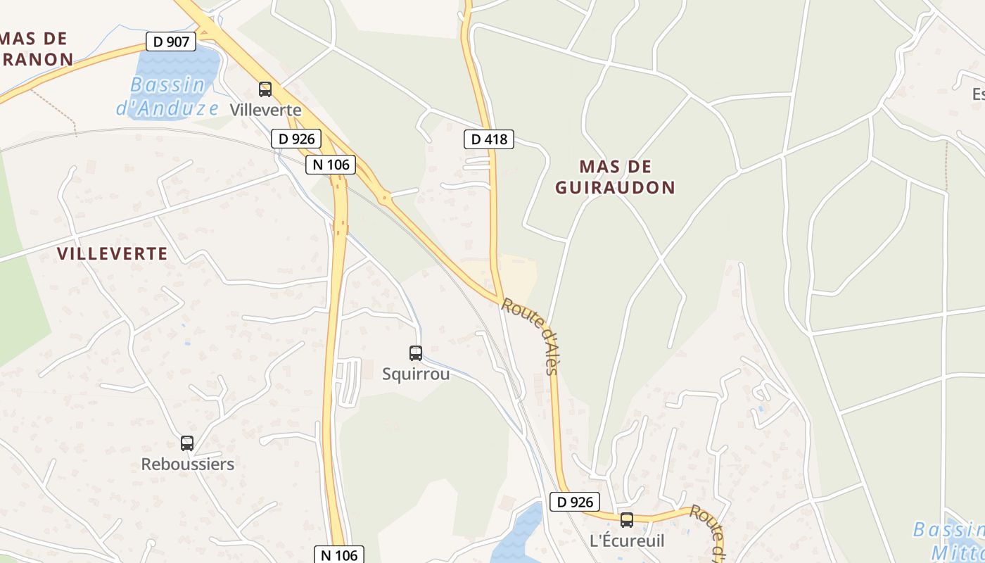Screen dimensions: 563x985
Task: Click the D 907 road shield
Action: (x=171, y=42)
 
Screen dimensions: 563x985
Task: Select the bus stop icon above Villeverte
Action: (x=265, y=89)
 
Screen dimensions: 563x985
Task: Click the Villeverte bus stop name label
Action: (x=266, y=110)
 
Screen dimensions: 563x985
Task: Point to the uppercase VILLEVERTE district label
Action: (x=113, y=253)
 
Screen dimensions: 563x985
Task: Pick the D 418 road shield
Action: (x=489, y=139)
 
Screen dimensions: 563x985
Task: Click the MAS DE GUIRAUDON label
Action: (x=615, y=177)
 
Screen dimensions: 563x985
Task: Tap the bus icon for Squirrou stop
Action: (x=416, y=353)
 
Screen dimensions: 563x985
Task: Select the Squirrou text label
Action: (x=416, y=374)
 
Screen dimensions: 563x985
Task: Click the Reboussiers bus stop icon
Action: (x=187, y=443)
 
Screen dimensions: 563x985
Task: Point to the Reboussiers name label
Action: (x=188, y=464)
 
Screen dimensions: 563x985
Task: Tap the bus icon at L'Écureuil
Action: (x=627, y=520)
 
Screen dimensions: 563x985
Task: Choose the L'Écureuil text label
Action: (x=627, y=540)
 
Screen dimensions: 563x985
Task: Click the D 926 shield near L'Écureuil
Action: (x=575, y=502)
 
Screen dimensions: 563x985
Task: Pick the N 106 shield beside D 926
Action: (x=331, y=165)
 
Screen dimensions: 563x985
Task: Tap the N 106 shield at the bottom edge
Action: (x=339, y=555)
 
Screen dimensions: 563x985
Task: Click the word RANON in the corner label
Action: (x=39, y=59)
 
